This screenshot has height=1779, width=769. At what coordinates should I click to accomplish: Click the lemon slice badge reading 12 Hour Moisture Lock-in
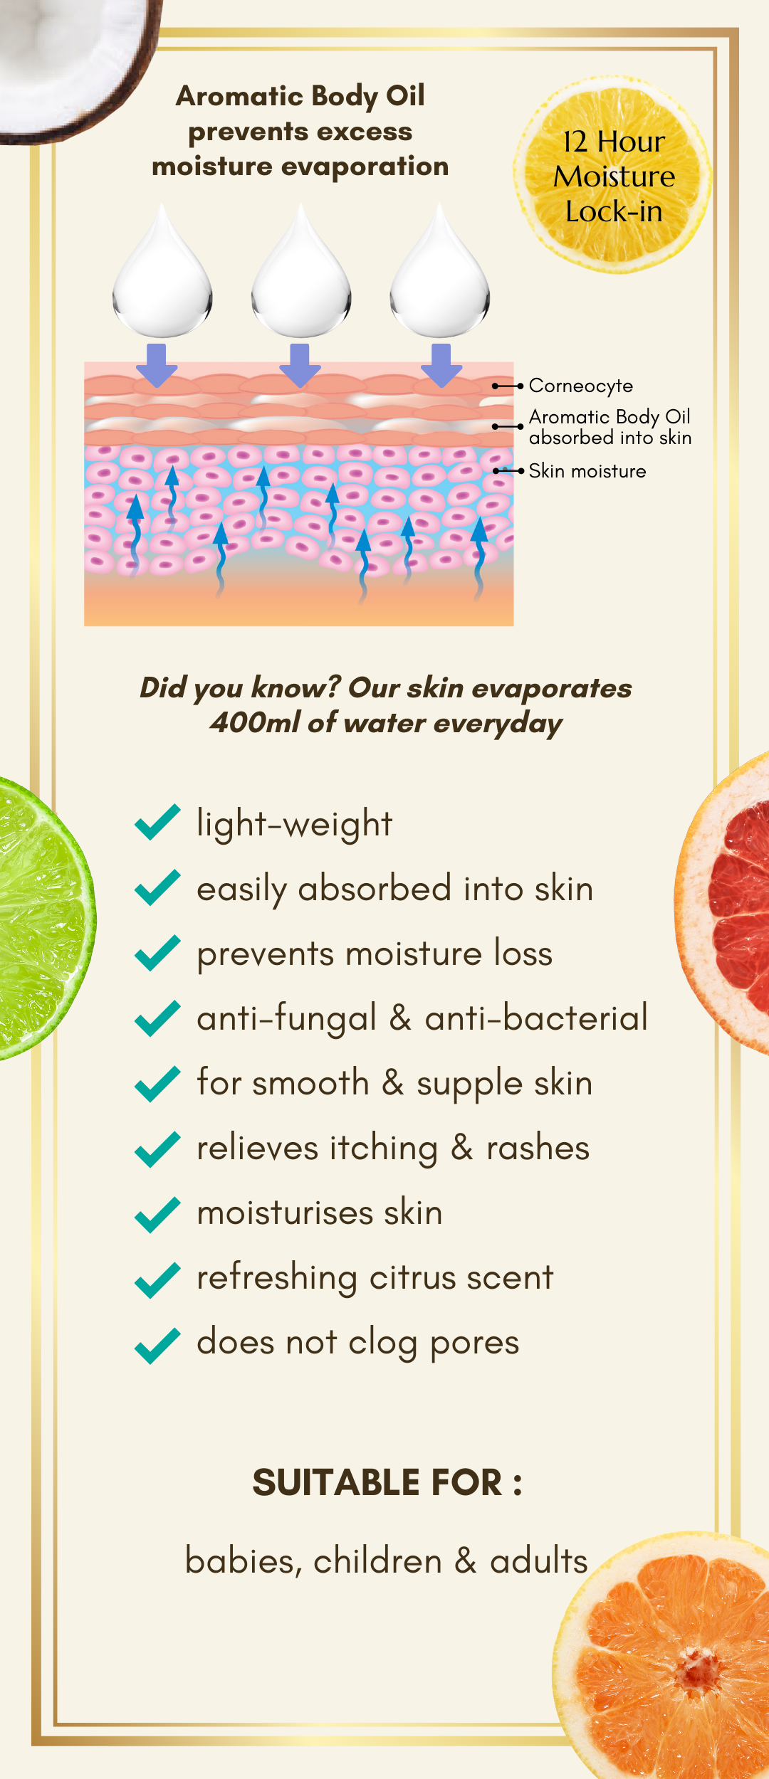tap(612, 175)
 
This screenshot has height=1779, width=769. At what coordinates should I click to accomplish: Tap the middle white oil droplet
tap(301, 273)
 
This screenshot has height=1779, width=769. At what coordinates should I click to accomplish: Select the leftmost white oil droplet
tap(162, 273)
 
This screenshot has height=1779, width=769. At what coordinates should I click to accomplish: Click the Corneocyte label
tap(581, 386)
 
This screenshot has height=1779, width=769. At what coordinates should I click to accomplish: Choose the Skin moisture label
tap(587, 471)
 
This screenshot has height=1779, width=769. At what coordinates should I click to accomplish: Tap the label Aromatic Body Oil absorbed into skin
tap(610, 427)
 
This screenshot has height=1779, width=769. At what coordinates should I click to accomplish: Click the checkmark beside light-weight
tap(157, 823)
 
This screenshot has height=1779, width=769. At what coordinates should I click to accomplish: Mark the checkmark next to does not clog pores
tap(157, 1346)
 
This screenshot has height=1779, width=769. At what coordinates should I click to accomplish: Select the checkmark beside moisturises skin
tap(157, 1215)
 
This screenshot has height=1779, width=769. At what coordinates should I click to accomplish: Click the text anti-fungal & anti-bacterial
tap(422, 1018)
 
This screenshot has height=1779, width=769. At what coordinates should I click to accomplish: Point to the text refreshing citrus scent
tap(375, 1277)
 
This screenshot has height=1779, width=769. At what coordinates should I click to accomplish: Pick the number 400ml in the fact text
tap(256, 723)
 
